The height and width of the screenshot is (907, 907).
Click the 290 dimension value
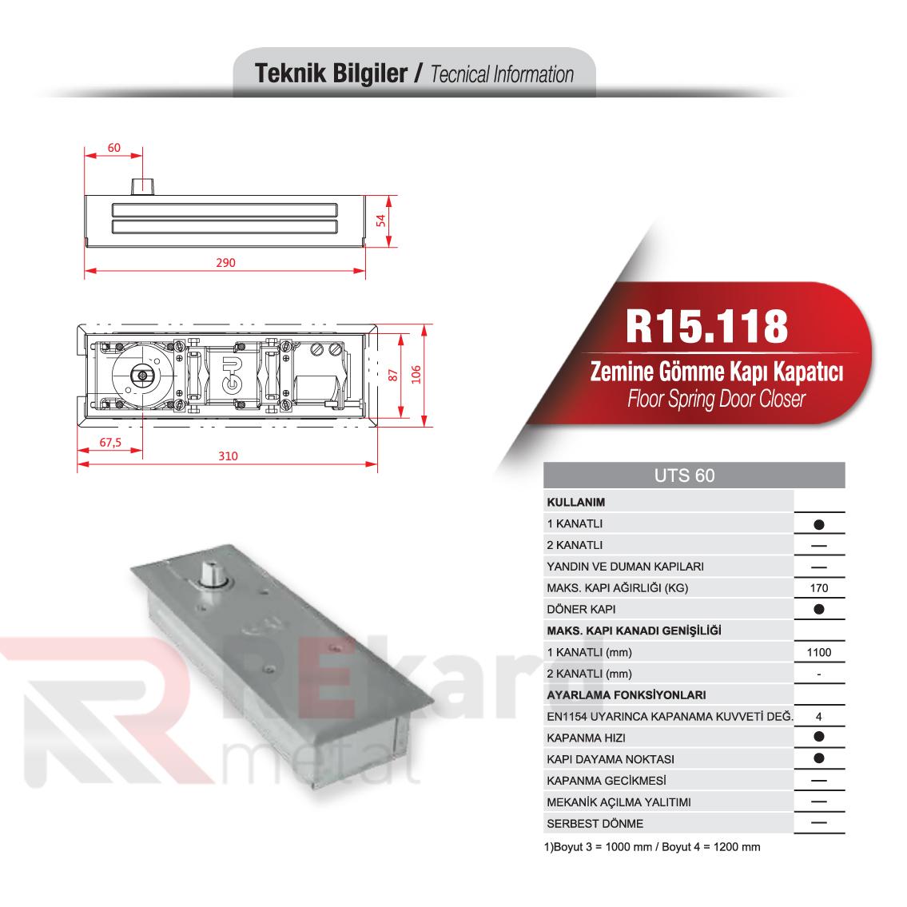pyautogui.click(x=226, y=263)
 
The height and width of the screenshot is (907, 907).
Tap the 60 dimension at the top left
pyautogui.click(x=113, y=148)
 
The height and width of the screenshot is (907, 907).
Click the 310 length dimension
pyautogui.click(x=228, y=456)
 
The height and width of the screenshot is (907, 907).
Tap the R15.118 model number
pyautogui.click(x=707, y=325)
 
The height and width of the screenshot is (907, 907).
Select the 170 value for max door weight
pyautogui.click(x=819, y=588)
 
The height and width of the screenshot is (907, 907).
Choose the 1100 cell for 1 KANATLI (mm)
pyautogui.click(x=819, y=652)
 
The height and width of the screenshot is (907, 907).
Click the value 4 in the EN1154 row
pyautogui.click(x=819, y=716)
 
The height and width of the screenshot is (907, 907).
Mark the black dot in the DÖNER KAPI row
pyautogui.click(x=819, y=609)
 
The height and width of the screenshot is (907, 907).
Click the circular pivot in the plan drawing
pyautogui.click(x=142, y=374)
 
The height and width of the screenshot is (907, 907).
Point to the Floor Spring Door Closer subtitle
pyautogui.click(x=716, y=399)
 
